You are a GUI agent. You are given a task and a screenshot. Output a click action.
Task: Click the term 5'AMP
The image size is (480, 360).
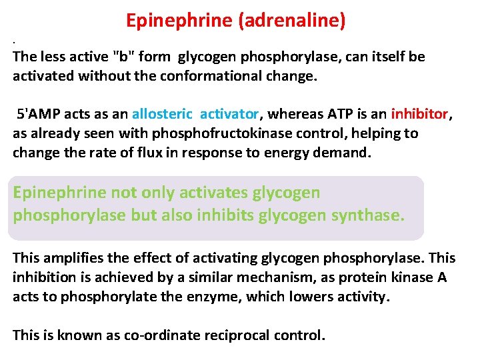point(39,114)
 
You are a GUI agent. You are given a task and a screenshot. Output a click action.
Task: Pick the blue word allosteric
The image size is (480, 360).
point(163,114)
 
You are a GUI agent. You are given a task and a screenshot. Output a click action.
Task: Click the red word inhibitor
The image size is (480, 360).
point(420,114)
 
